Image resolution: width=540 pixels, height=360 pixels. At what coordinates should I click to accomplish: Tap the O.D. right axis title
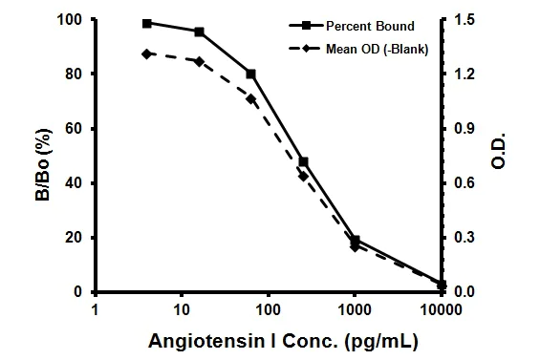[498, 156]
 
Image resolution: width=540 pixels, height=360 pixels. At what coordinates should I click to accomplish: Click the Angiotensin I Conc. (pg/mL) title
[269, 340]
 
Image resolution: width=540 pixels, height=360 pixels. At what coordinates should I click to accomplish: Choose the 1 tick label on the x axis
[95, 309]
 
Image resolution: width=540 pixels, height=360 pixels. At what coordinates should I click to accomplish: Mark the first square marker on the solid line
[147, 23]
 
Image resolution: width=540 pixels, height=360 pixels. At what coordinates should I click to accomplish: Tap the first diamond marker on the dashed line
[147, 53]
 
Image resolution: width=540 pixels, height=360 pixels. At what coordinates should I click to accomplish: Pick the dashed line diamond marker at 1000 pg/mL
[355, 246]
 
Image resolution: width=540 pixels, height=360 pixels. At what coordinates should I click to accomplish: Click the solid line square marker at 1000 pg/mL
[355, 240]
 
